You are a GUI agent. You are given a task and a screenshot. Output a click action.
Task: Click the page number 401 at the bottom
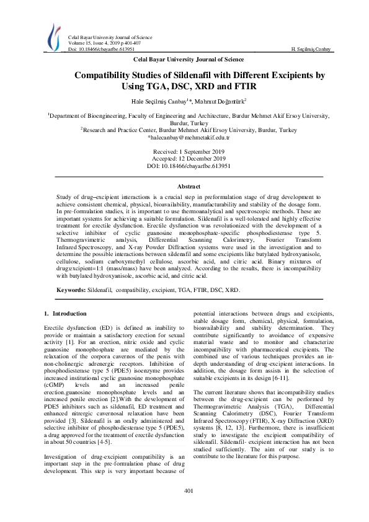(x=184, y=491)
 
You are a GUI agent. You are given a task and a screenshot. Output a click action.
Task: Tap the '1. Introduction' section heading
(x=66, y=314)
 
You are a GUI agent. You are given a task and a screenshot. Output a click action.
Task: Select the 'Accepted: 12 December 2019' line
(x=184, y=159)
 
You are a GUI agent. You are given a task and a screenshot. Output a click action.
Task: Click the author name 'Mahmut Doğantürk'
(x=221, y=100)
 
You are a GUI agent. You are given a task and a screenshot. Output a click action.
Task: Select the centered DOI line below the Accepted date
(x=184, y=167)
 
